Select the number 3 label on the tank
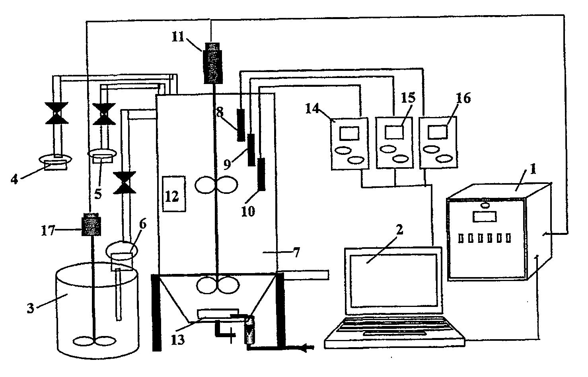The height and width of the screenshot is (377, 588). (31, 309)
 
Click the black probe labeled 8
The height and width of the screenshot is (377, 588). (241, 125)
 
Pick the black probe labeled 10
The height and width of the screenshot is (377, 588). (261, 174)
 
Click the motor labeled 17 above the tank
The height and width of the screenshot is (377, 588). (91, 225)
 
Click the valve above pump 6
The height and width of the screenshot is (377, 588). (125, 183)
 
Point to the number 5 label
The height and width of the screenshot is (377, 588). (97, 194)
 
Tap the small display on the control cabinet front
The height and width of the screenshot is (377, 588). (484, 217)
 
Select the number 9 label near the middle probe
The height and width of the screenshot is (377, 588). (227, 164)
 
